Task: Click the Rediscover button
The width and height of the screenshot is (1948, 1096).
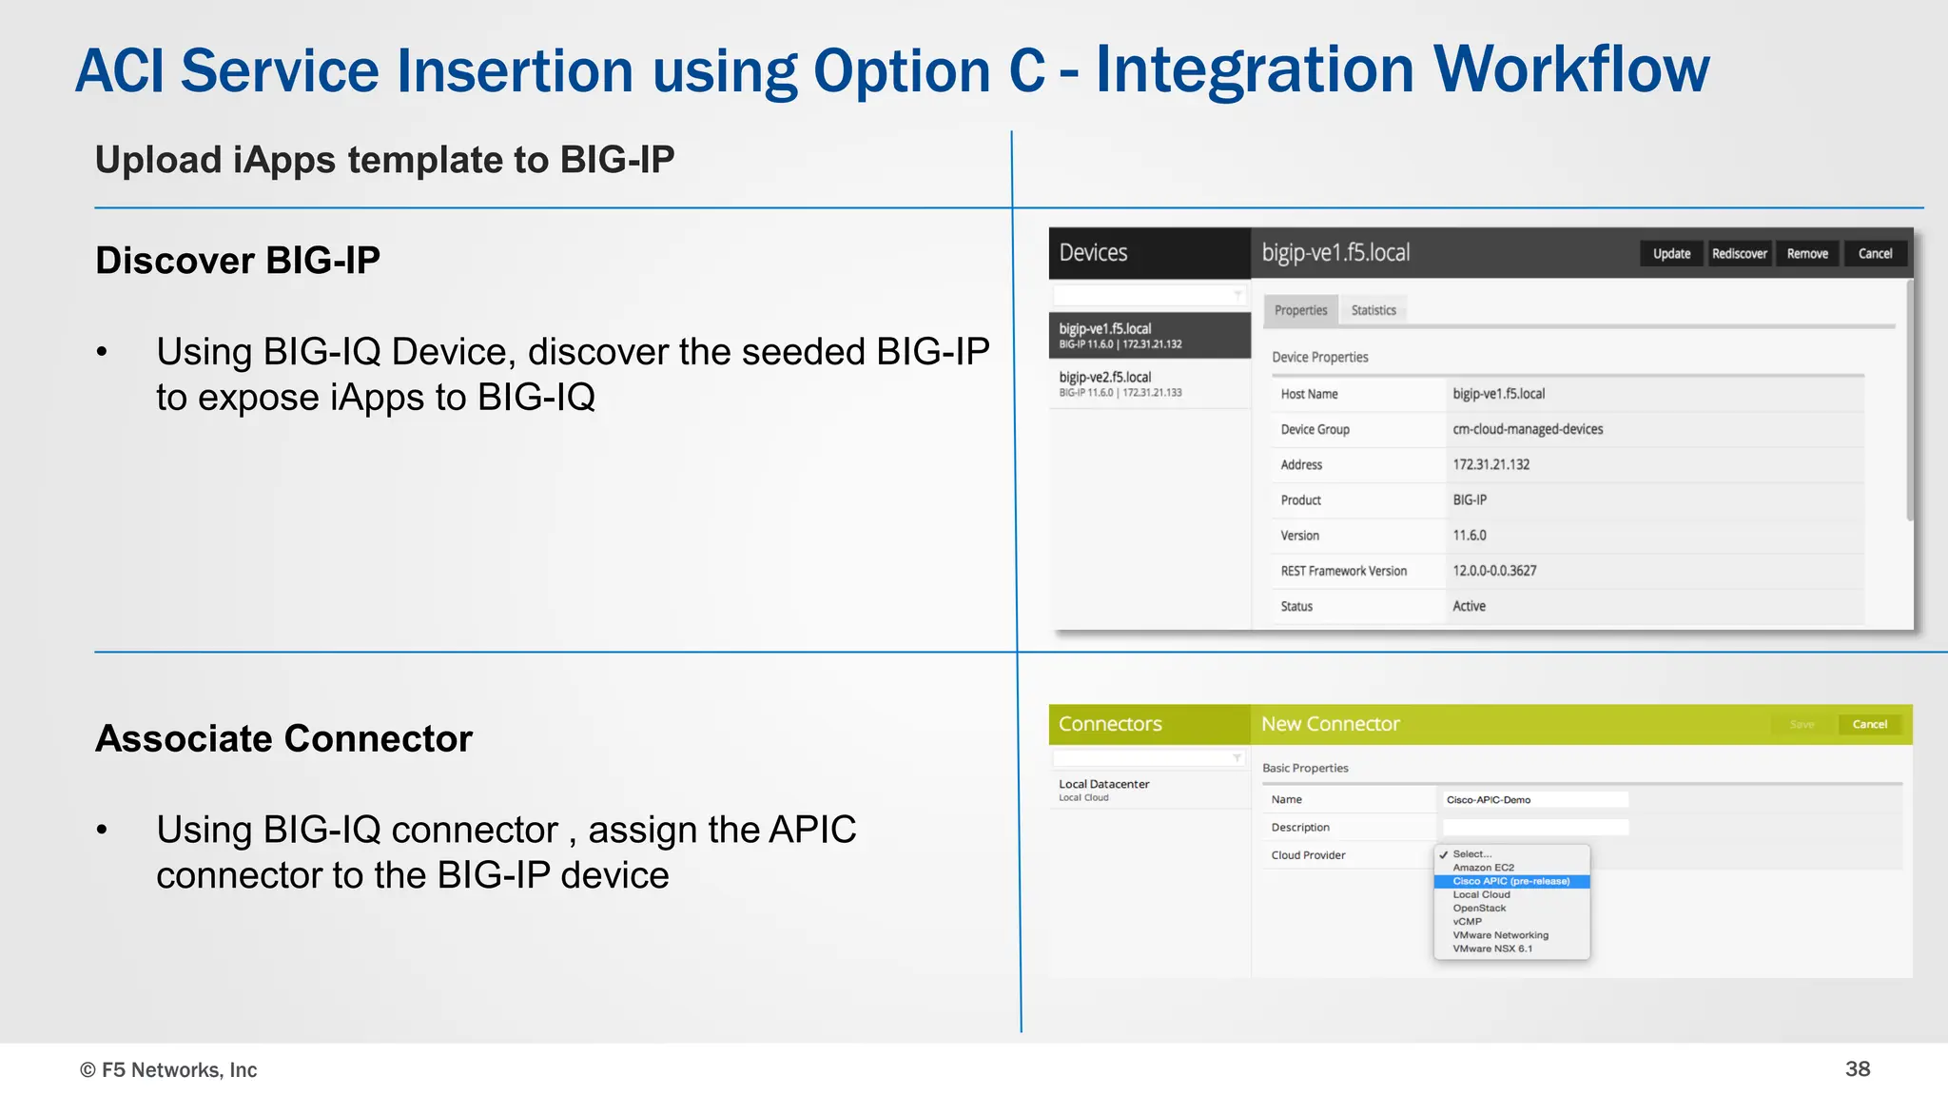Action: coord(1739,254)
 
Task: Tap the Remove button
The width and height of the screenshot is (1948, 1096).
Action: coord(1807,254)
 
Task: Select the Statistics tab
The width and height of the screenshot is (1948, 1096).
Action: coord(1373,310)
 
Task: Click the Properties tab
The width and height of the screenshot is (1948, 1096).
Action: coord(1300,310)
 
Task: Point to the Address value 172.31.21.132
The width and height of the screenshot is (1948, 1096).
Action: coord(1490,464)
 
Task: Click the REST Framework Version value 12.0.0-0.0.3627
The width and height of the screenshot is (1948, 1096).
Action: coord(1494,571)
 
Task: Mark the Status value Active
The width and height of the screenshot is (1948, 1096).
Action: coord(1469,606)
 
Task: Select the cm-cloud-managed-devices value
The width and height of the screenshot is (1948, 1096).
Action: coord(1528,429)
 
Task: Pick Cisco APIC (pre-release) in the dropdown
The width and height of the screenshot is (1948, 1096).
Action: coord(1510,881)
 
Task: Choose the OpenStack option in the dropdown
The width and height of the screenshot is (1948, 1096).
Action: coord(1479,908)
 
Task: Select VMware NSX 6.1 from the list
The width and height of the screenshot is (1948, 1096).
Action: coord(1491,949)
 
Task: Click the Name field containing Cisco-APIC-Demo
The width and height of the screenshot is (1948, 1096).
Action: coord(1534,799)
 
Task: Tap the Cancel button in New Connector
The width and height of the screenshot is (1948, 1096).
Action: coord(1869,724)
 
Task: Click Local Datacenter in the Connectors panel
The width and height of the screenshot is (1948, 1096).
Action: coord(1104,785)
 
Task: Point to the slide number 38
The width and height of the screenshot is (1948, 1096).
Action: coord(1857,1068)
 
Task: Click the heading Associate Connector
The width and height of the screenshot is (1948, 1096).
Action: coord(283,738)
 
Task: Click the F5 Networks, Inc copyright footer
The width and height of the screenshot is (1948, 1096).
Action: coord(168,1069)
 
